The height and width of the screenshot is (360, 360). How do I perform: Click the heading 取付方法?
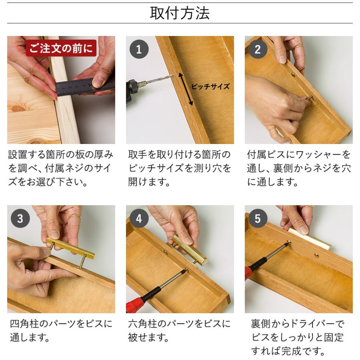[x=180, y=13]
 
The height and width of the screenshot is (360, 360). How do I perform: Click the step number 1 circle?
[x=139, y=50]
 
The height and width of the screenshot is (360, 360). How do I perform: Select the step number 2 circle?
[x=258, y=50]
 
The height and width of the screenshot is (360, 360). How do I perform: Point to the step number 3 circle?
[x=20, y=219]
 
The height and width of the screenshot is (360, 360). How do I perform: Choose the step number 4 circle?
[x=139, y=219]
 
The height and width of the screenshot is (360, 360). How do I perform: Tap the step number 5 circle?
[x=258, y=219]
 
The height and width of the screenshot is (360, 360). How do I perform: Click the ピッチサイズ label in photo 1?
[x=210, y=86]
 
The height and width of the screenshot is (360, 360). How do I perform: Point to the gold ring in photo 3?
[x=75, y=216]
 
